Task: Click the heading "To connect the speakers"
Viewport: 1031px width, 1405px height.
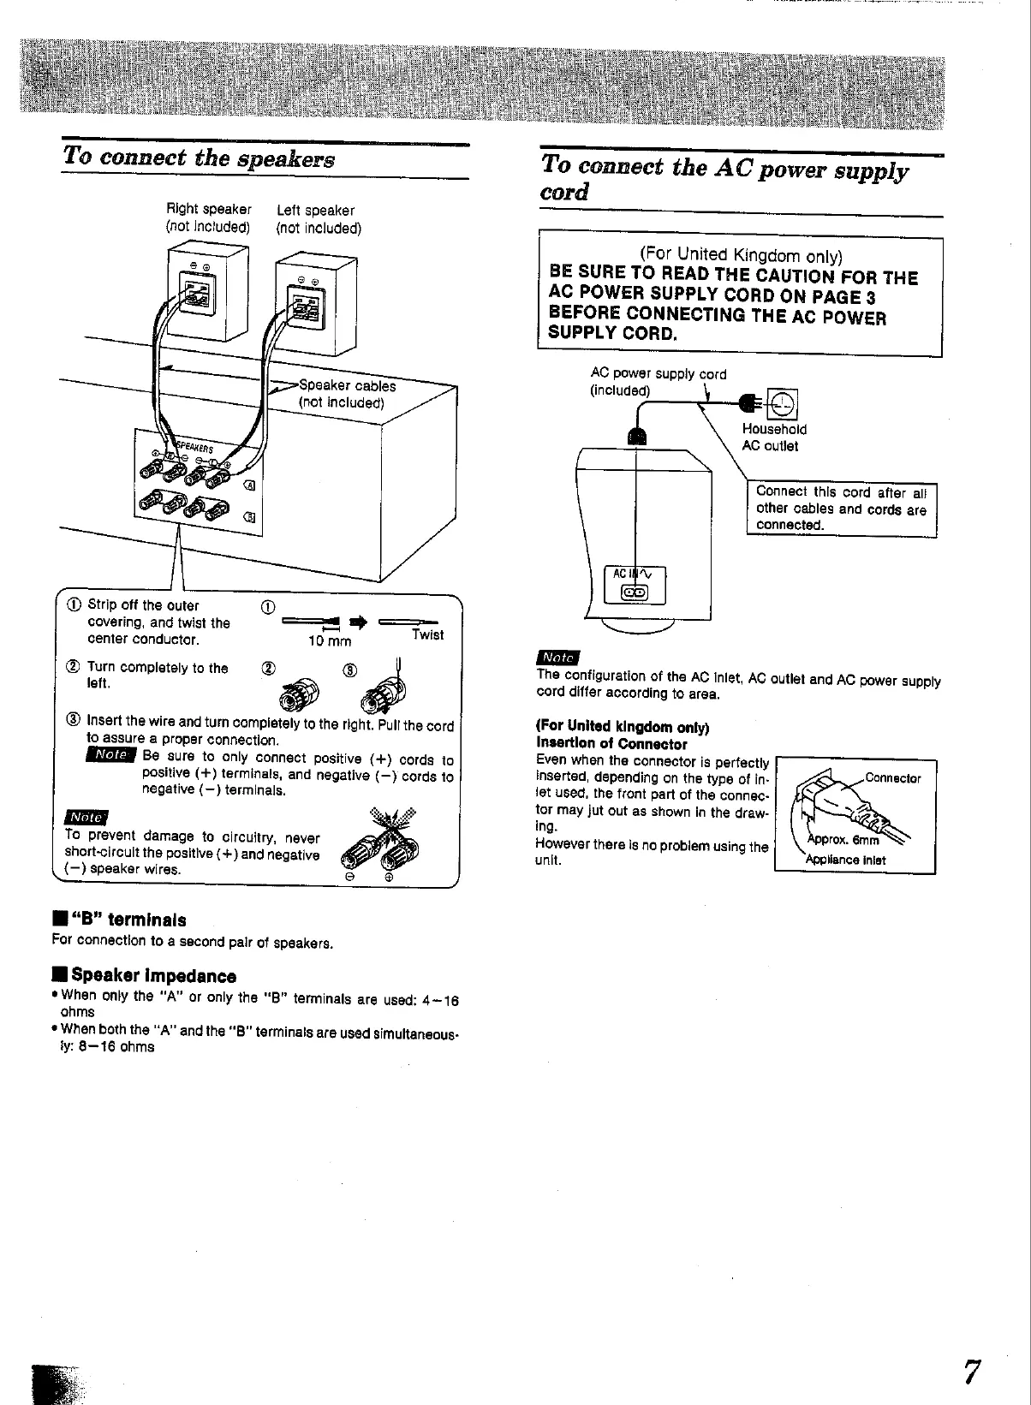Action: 199,159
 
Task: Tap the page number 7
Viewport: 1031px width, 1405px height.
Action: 970,1372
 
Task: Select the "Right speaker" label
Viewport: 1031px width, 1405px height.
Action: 208,210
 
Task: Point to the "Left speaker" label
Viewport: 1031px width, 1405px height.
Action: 315,210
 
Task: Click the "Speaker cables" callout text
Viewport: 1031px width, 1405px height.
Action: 347,386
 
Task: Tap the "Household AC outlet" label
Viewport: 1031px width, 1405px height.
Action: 774,438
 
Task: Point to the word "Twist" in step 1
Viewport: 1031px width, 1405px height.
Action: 427,634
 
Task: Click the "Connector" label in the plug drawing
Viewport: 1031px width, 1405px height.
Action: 892,778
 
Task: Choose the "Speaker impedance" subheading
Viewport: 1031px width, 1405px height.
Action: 153,976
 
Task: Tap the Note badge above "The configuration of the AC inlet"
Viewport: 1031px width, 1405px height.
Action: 557,658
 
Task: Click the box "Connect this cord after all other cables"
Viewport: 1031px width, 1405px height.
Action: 841,509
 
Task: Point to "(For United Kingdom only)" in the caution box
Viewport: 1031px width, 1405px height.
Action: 741,255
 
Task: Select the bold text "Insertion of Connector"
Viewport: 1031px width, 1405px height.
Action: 611,744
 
